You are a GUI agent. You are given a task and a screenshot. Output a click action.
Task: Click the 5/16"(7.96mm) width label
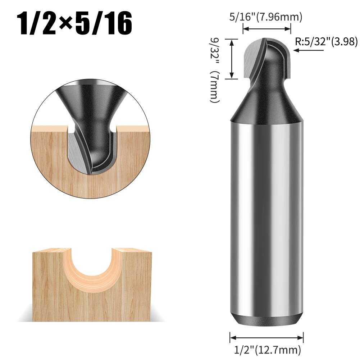(266, 17)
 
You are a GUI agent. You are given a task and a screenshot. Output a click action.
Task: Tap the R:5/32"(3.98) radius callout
(326, 42)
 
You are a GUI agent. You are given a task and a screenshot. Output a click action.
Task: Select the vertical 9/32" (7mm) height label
(215, 70)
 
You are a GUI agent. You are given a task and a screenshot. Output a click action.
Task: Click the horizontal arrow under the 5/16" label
(267, 29)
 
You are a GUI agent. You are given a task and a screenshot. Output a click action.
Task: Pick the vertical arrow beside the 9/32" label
(232, 59)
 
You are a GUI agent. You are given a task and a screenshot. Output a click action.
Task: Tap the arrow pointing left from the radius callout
(309, 50)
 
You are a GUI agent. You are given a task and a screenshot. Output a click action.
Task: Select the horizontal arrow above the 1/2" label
(267, 338)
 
